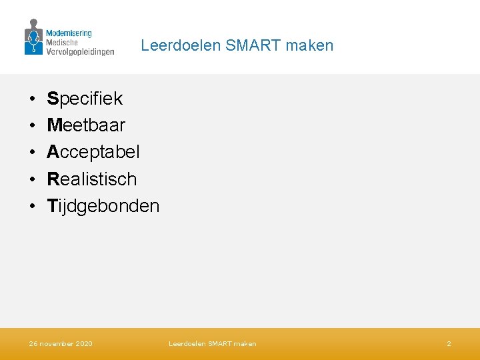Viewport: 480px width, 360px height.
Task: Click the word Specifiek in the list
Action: (85, 99)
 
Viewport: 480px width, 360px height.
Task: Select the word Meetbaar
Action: (86, 125)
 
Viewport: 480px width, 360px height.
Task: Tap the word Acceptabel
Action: (93, 152)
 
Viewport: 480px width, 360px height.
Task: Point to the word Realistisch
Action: (92, 179)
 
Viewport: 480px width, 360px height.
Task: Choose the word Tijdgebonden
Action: (103, 205)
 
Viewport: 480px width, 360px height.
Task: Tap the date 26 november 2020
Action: (61, 343)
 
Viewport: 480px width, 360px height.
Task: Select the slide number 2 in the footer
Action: (449, 343)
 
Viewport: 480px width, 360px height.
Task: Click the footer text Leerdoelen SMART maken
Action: (212, 343)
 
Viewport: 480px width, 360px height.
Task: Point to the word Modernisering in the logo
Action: (69, 33)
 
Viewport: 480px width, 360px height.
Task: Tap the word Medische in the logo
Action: (62, 42)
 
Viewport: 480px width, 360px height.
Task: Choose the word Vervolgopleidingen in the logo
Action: (80, 51)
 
